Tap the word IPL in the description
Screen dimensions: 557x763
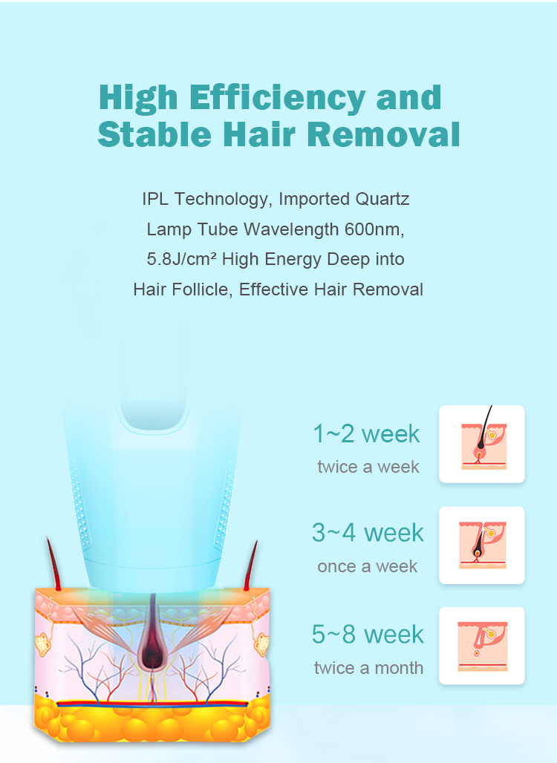tap(155, 199)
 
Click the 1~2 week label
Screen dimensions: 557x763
tap(366, 433)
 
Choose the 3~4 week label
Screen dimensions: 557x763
tap(368, 532)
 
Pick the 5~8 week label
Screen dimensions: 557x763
tap(368, 634)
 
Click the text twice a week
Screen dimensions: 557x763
tap(368, 467)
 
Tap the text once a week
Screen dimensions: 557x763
tap(367, 566)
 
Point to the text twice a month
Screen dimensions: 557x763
tap(368, 668)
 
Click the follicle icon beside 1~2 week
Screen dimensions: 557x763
tap(481, 444)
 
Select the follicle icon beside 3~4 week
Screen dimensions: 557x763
tap(481, 545)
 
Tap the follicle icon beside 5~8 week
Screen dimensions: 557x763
tap(481, 646)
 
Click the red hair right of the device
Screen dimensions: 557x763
tap(251, 566)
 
